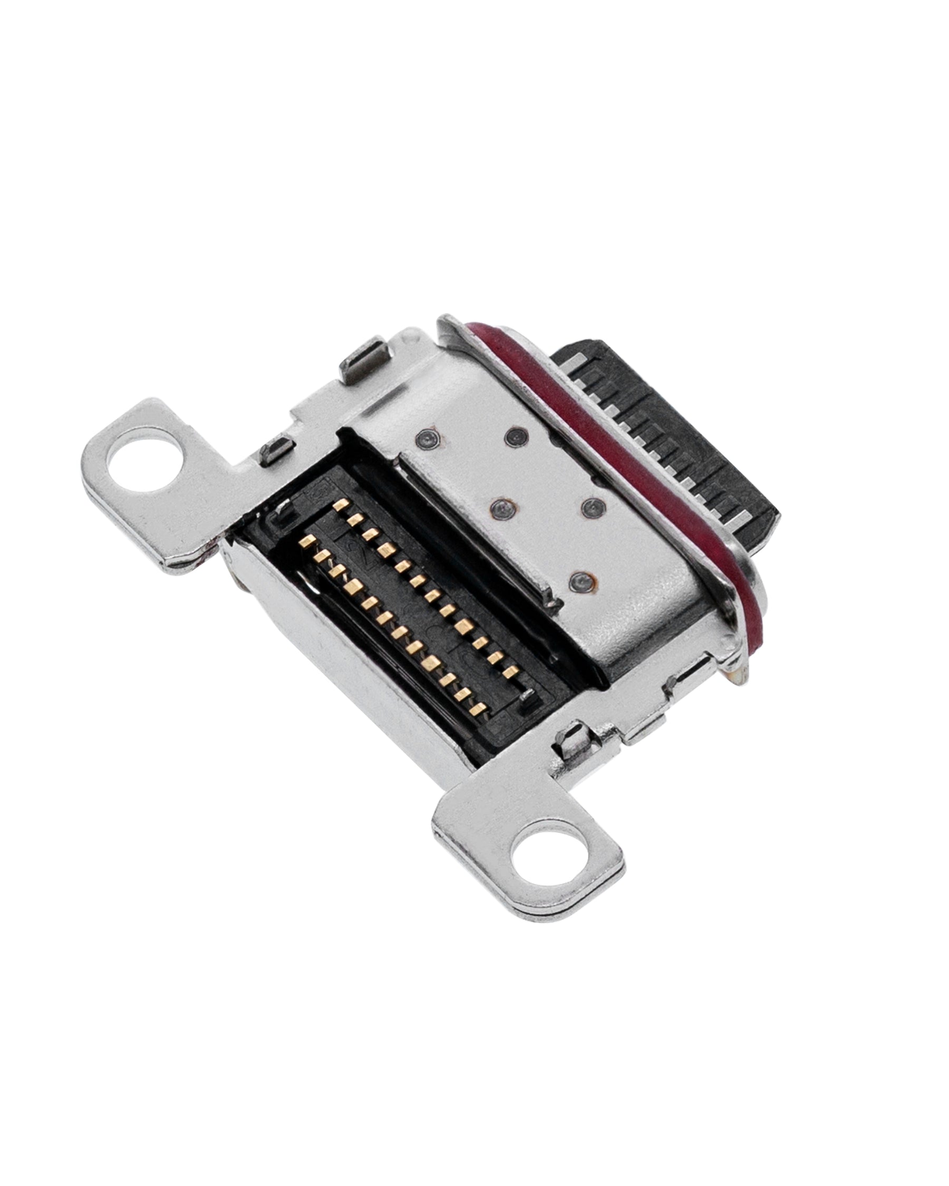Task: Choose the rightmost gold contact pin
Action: pos(513,669)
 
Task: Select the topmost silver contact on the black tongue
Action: pos(572,361)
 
